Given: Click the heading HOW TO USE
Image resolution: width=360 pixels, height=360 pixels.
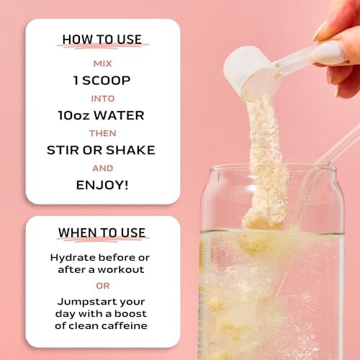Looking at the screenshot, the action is tap(102, 40).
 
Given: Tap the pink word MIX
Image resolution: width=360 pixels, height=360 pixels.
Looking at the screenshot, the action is tap(103, 64).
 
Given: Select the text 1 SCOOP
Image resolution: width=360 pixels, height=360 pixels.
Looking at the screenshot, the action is tap(102, 81).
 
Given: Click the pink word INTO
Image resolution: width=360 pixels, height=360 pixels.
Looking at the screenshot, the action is tap(103, 99).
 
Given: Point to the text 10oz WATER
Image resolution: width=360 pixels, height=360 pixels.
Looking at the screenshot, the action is tap(102, 115).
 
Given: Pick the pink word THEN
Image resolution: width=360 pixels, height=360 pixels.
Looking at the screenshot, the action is tap(103, 133).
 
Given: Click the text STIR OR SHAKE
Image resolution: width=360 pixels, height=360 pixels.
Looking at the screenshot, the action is tap(101, 150).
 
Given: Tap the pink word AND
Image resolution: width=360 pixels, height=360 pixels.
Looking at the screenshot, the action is tap(103, 168).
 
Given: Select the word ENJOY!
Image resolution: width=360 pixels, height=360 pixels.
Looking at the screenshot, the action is tap(102, 185).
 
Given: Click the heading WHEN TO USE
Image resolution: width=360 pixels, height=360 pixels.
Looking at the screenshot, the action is tap(102, 233).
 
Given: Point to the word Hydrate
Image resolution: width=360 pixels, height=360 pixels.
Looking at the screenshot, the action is tap(73, 258).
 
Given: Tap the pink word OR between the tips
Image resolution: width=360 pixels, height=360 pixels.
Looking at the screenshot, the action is tap(103, 286).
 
